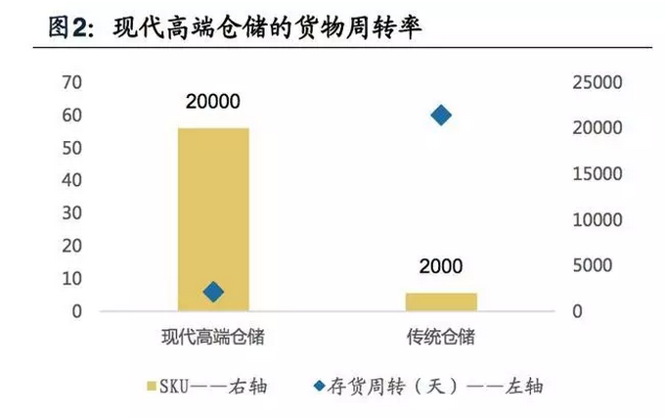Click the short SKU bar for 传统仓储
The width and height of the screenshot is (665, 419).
tap(441, 302)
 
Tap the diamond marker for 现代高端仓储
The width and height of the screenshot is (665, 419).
tap(213, 291)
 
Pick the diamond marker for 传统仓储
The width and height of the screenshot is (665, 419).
tap(441, 116)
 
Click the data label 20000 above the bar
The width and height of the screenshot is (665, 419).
tap(213, 101)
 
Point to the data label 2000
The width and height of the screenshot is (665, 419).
tap(441, 266)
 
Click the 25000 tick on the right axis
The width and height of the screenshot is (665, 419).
tap(596, 82)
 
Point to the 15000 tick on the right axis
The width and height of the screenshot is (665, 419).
tap(596, 174)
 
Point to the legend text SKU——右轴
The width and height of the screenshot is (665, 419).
tap(216, 385)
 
